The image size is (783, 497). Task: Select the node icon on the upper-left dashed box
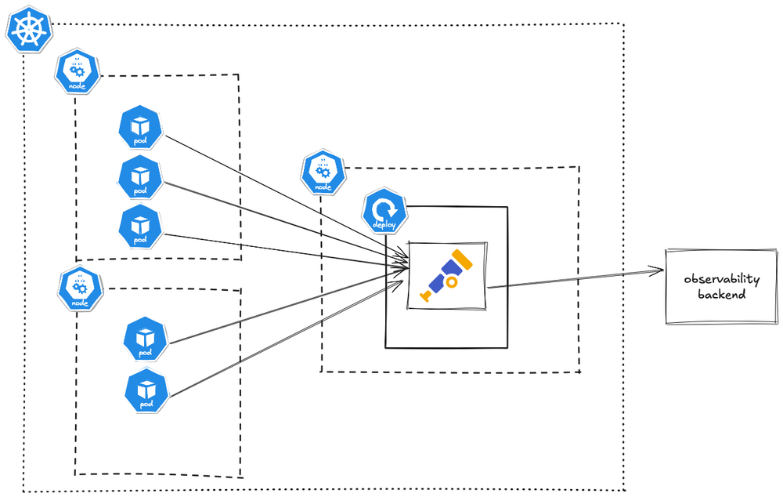click(78, 71)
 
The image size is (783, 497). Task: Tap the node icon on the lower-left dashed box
click(80, 287)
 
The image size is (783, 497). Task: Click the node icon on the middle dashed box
click(323, 173)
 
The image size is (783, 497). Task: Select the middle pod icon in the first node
click(140, 177)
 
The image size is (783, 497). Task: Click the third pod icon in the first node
click(140, 227)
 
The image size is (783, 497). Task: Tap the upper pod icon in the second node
click(146, 339)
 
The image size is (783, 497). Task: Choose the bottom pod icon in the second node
click(146, 391)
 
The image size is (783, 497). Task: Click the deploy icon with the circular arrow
click(384, 212)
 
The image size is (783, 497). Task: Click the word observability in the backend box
click(721, 280)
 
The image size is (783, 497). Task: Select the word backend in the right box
click(721, 296)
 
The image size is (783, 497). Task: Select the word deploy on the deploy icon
click(384, 225)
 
